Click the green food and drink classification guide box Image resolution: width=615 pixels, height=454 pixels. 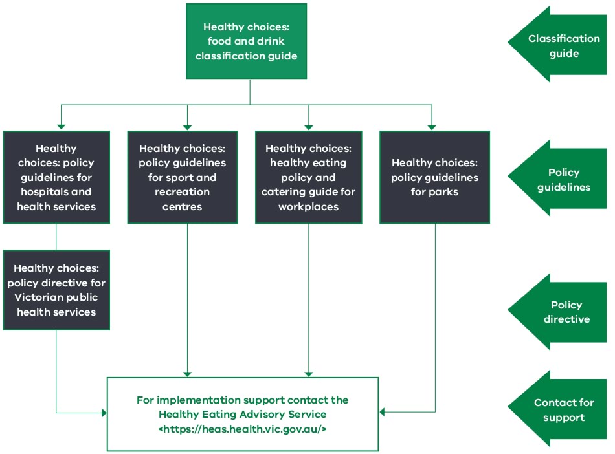coord(246,41)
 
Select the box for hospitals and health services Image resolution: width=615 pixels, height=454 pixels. coord(56,177)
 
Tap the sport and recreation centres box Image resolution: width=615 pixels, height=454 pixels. coord(182,177)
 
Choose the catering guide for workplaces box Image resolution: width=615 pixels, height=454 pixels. coord(308,177)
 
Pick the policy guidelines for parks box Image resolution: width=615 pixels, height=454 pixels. coord(434,177)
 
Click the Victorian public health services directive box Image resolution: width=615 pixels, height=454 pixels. coord(56,290)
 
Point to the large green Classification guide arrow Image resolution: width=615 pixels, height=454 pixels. coord(558,45)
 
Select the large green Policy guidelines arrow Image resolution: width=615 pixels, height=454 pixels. coord(558,179)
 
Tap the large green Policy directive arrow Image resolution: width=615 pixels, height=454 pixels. coord(558,312)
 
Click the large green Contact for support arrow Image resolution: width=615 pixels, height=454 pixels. coord(558,409)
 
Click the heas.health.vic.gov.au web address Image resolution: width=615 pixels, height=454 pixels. coord(242,428)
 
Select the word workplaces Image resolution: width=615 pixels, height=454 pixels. coord(308,207)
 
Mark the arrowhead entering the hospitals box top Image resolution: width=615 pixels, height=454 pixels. coord(61,126)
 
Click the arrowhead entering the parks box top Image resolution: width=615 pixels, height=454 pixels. coord(432,126)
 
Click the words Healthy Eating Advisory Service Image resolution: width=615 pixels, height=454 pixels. coord(242,414)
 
